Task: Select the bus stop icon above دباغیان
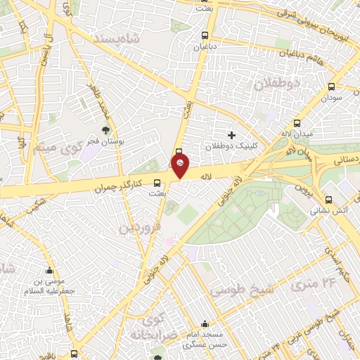[205, 35]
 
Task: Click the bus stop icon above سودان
[331, 87]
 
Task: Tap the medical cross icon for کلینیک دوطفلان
[232, 134]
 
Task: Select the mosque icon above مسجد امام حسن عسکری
[205, 324]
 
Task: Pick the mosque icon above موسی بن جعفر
[50, 271]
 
